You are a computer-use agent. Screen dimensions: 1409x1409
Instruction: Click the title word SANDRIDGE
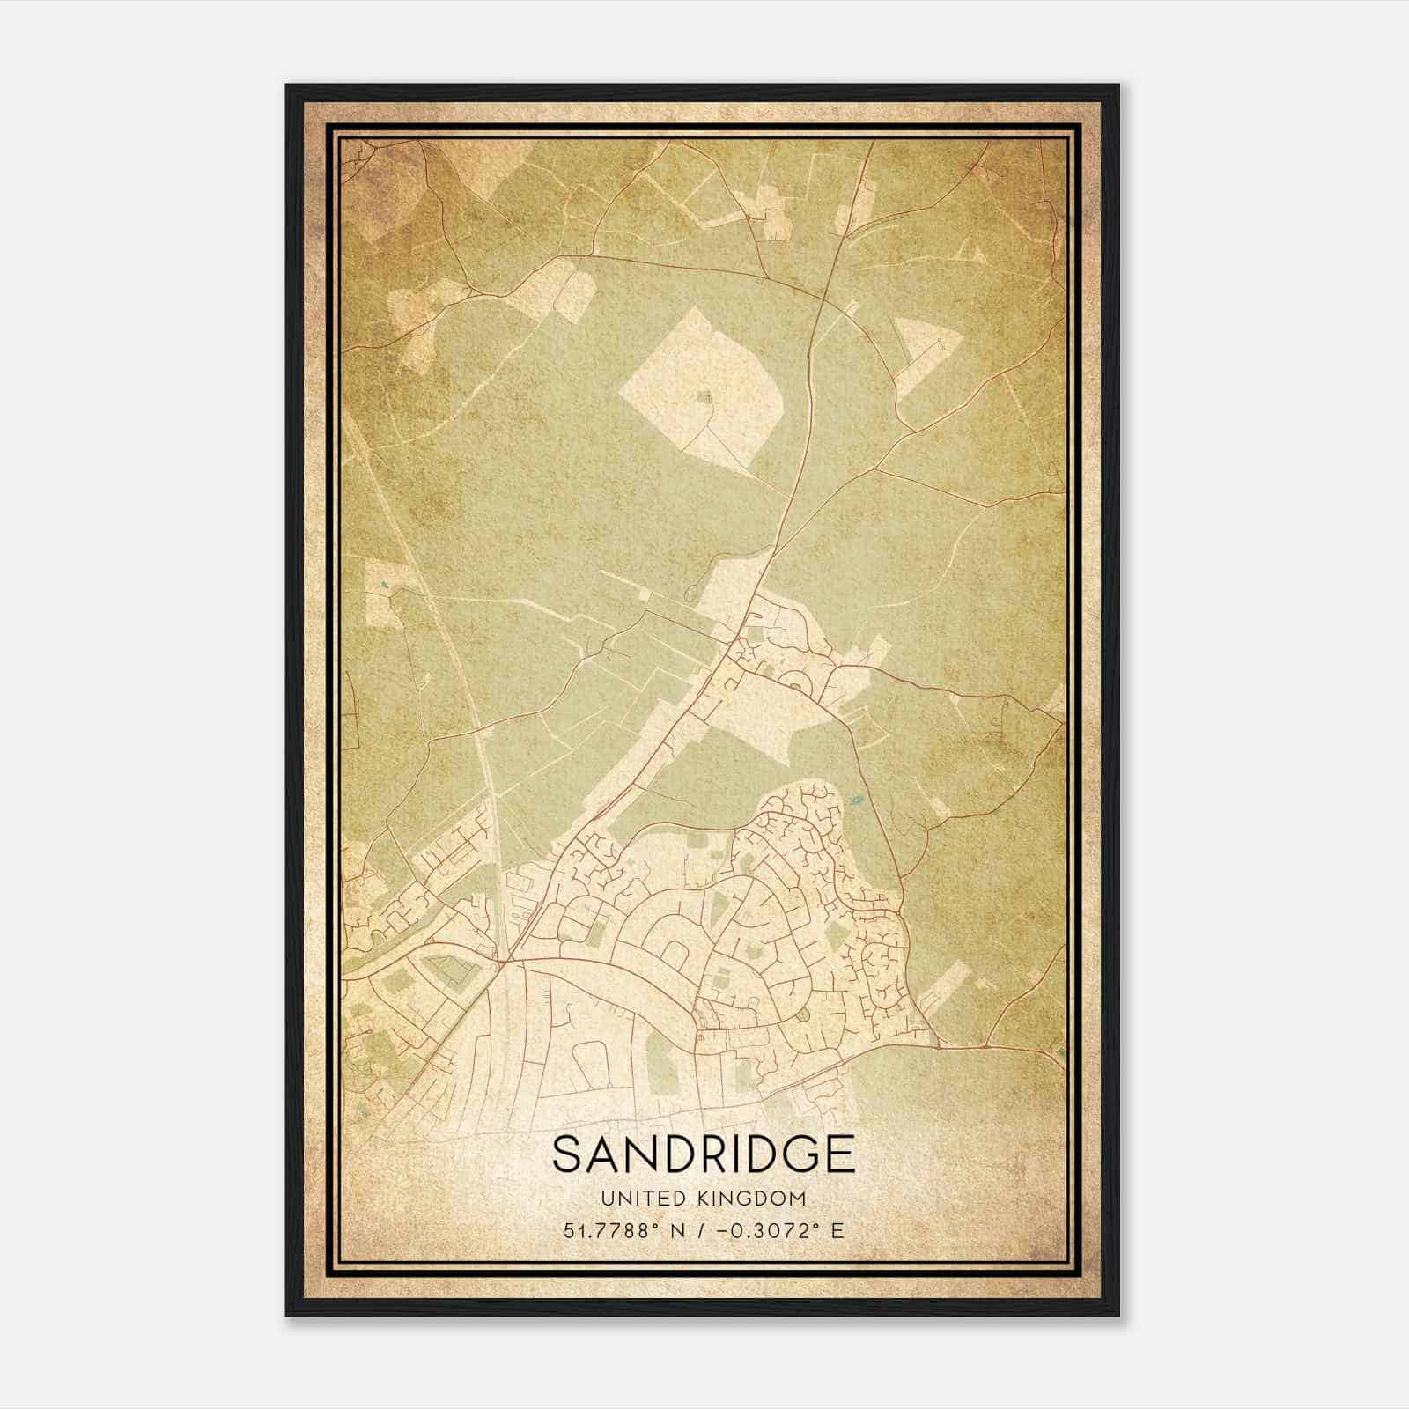coord(704,1155)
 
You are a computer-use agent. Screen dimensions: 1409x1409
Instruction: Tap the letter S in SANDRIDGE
coord(565,1155)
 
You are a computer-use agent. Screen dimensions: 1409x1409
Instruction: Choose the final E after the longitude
coord(837,1230)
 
